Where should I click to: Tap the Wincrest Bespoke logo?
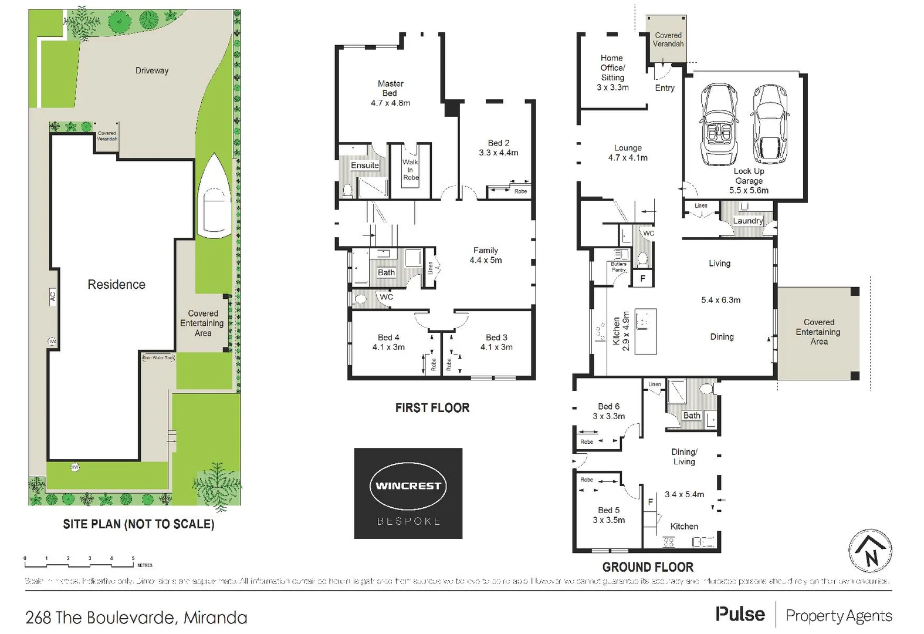[x=408, y=493]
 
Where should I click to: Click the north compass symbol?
[x=871, y=551]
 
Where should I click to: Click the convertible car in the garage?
[x=720, y=125]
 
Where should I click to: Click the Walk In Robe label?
[x=411, y=170]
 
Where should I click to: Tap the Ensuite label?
[x=365, y=166]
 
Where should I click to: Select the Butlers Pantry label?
[x=619, y=267]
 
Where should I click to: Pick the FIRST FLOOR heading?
[x=432, y=408]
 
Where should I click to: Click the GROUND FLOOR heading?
[x=648, y=567]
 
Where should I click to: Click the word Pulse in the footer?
[x=740, y=615]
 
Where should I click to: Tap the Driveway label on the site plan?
[x=152, y=70]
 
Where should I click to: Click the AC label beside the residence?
[x=52, y=296]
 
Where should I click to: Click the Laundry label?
[x=748, y=221]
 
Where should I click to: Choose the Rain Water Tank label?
[x=158, y=358]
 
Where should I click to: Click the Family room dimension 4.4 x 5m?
[x=486, y=260]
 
